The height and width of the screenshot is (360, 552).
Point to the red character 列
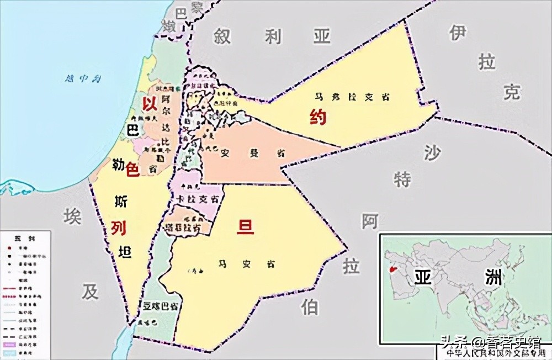(x=118, y=227)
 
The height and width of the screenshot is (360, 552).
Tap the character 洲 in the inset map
(x=491, y=277)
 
